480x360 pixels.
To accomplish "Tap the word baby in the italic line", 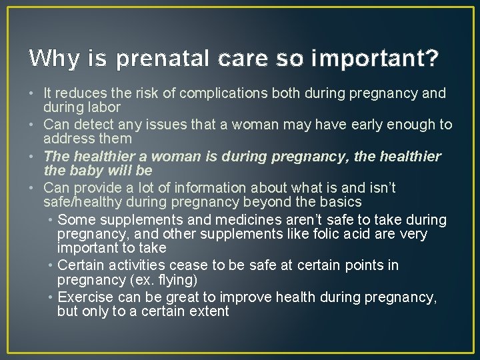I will coord(87,171).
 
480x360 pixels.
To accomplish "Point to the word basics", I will coord(339,202).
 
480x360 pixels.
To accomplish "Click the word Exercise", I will coord(86,297).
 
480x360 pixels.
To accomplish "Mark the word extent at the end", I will coord(207,311).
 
